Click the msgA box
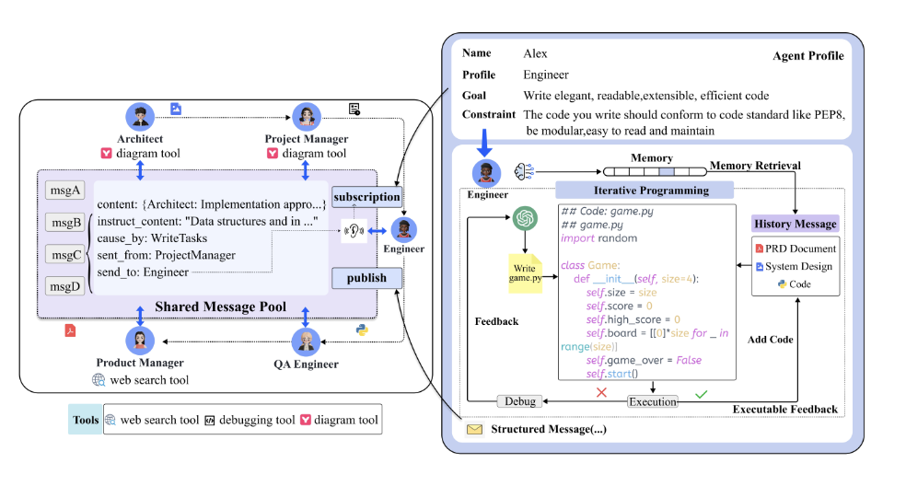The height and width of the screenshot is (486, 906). (64, 191)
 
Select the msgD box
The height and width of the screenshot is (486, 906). (64, 286)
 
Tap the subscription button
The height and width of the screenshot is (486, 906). (366, 197)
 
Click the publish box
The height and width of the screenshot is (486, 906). (366, 278)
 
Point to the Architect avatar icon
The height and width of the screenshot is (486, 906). (140, 117)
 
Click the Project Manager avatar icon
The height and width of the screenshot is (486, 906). (307, 117)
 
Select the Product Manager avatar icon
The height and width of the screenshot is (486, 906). (140, 341)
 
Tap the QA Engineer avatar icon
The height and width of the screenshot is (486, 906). (307, 341)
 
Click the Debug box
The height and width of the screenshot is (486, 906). (520, 401)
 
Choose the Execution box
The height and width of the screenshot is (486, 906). (653, 401)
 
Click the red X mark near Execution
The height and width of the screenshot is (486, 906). (601, 392)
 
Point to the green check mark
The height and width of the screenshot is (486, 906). (701, 394)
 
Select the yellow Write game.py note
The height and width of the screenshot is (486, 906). (525, 273)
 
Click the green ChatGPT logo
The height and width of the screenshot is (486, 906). (525, 218)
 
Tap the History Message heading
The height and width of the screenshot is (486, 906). (796, 224)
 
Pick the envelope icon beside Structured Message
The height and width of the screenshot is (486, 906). (474, 429)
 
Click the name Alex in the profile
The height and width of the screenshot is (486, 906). (535, 53)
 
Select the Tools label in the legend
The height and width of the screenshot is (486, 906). (86, 420)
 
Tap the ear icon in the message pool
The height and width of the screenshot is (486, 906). (354, 231)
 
